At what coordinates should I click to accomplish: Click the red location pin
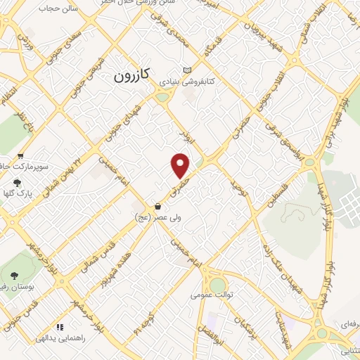[181, 165]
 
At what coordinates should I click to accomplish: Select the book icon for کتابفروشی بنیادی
[186, 70]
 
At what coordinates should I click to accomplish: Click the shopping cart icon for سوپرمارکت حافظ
[20, 156]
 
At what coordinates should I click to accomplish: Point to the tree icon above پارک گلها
[17, 181]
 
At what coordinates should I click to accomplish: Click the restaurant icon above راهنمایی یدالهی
[60, 327]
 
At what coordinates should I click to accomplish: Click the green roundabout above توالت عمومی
[218, 284]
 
